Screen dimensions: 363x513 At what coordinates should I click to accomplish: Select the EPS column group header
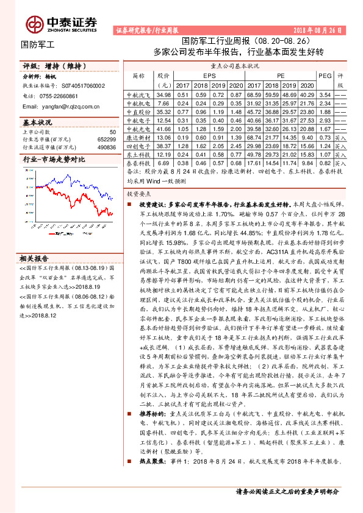pyautogui.click(x=209, y=75)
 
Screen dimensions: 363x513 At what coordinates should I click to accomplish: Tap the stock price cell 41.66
pyautogui.click(x=164, y=129)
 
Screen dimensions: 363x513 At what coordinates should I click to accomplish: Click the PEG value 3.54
pyautogui.click(x=325, y=95)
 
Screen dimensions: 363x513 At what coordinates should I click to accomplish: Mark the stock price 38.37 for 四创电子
pyautogui.click(x=164, y=146)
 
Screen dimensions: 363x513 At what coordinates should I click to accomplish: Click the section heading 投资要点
pyautogui.click(x=138, y=193)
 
